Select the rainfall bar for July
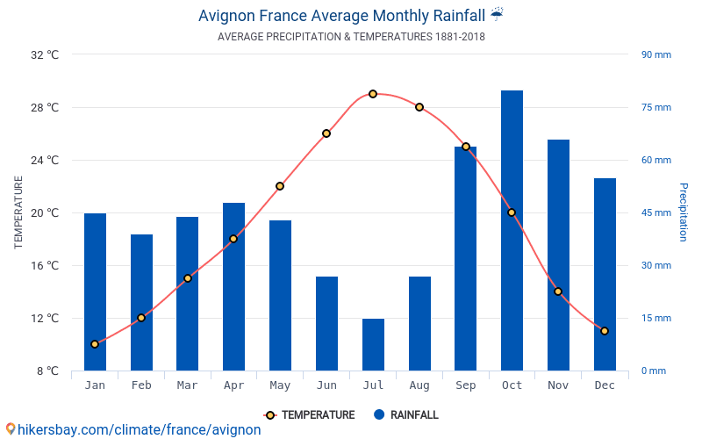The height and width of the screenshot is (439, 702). (x=373, y=344)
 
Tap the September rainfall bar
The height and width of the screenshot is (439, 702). (x=465, y=258)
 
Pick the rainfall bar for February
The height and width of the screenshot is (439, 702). (x=141, y=302)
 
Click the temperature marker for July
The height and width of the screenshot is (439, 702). (x=373, y=94)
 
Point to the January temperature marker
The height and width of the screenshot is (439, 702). (x=95, y=344)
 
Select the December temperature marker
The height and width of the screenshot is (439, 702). (x=605, y=331)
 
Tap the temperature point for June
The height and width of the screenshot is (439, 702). (x=326, y=133)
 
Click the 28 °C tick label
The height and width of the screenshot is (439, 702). (x=44, y=108)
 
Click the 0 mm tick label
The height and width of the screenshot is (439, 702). (x=653, y=371)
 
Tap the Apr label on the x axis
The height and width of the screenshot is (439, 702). (x=233, y=385)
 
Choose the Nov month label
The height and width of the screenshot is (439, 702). (x=558, y=385)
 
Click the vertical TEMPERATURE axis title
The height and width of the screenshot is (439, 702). (x=18, y=212)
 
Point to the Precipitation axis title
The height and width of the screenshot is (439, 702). (x=684, y=212)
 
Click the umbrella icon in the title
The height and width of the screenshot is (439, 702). (x=498, y=14)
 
